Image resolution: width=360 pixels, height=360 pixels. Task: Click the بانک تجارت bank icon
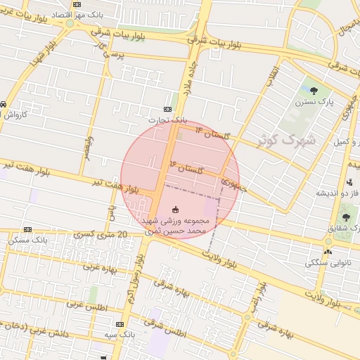click(167, 109)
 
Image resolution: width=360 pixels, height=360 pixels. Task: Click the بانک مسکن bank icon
click(27, 229)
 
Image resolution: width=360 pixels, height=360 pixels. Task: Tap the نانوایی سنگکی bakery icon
click(328, 252)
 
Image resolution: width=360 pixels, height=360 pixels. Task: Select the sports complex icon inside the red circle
click(175, 210)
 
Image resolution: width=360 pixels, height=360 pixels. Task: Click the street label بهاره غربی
click(100, 268)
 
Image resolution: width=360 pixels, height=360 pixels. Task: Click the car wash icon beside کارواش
click(4, 104)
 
